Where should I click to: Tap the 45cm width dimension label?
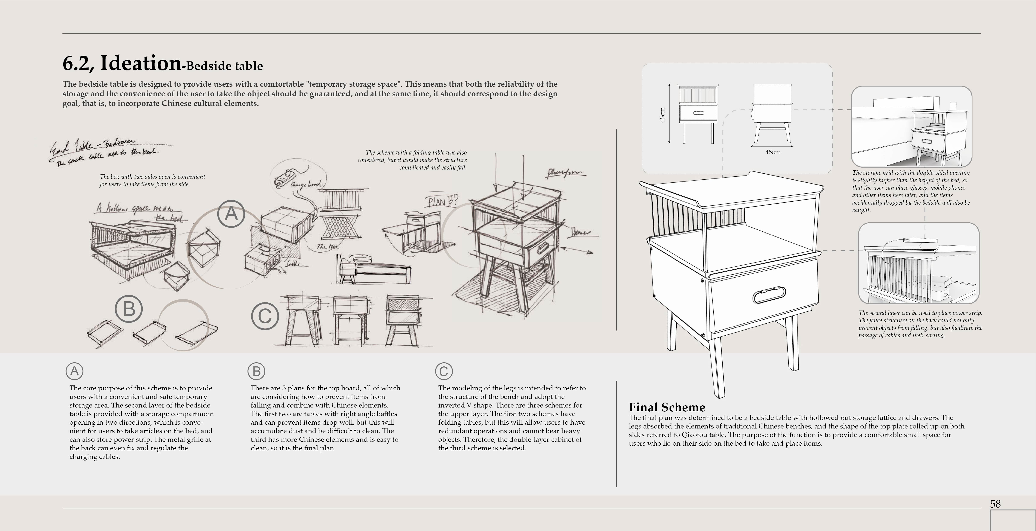click(x=773, y=152)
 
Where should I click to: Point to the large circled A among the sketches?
click(x=231, y=214)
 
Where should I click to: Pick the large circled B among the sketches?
click(x=129, y=309)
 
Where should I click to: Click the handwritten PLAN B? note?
click(x=441, y=201)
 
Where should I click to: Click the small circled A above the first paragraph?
click(x=74, y=371)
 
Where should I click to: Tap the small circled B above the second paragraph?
click(x=256, y=371)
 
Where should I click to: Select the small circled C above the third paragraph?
click(x=444, y=371)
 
